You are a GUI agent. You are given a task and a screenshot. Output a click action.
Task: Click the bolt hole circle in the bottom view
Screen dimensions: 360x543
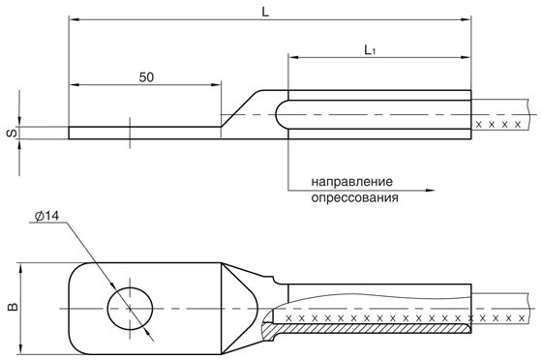coord(129,308)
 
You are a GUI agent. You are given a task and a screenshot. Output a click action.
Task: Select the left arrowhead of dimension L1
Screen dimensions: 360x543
coord(293,56)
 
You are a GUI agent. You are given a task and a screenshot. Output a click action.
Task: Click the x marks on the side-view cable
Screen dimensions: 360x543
coord(501,126)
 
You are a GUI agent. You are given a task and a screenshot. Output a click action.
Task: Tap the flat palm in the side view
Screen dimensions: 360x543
coord(145,133)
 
